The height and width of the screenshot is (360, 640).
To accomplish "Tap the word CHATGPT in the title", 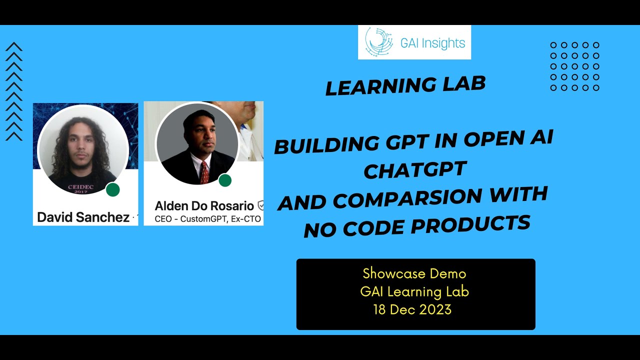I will [414, 170].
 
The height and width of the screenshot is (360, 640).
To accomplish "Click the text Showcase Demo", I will [414, 273].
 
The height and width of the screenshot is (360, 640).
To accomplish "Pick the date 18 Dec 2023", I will [412, 309].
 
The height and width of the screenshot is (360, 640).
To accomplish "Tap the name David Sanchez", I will [83, 217].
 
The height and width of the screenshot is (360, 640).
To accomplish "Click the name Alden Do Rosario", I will [204, 205].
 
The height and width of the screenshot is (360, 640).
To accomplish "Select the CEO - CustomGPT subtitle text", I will [207, 219].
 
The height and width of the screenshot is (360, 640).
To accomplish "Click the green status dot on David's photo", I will [113, 189].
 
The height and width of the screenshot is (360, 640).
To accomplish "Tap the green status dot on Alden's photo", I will [225, 180].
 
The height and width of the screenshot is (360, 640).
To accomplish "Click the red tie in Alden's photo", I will [204, 172].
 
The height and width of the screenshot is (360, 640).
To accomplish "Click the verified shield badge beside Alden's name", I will [260, 205].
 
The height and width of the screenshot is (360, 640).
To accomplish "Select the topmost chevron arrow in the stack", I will [14, 47].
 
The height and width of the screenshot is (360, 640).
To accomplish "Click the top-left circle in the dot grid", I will [553, 45].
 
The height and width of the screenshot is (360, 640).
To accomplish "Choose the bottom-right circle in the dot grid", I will [595, 88].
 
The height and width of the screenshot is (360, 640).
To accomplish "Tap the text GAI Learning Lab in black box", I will [414, 291].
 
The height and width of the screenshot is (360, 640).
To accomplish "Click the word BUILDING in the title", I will [327, 145].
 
